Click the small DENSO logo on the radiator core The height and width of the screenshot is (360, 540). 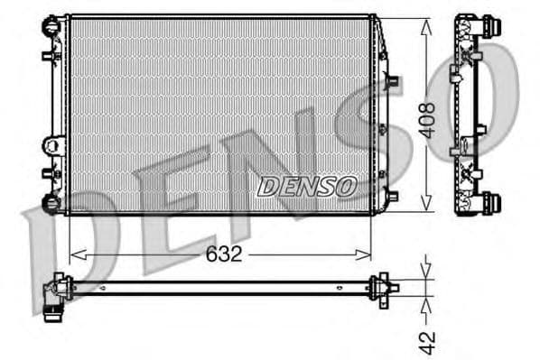pos(307,186)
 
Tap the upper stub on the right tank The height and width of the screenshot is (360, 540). pos(392,81)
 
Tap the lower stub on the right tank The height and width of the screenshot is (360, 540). pos(392,193)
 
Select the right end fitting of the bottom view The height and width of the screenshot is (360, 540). pos(386,286)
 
